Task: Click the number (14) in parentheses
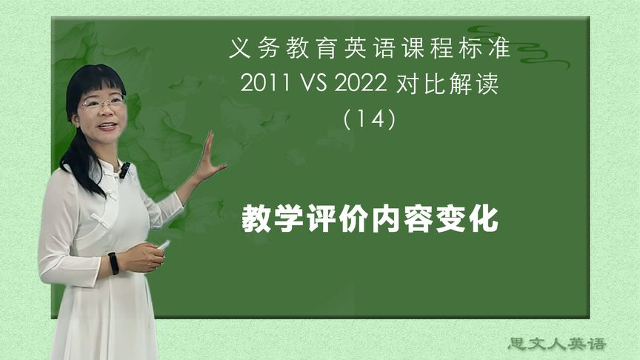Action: [x=370, y=119]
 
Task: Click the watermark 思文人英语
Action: [x=557, y=344]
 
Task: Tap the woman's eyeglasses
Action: [x=101, y=103]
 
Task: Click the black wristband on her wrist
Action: [x=113, y=263]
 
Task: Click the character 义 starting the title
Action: [x=239, y=50]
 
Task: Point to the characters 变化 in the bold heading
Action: [x=473, y=220]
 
